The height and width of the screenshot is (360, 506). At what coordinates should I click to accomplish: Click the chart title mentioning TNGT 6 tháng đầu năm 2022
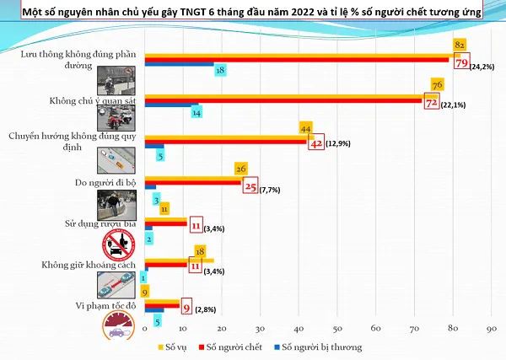point(253,12)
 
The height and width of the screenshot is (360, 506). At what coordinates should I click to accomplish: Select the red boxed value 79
point(462,62)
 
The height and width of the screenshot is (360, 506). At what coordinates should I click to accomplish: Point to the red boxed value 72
point(430,103)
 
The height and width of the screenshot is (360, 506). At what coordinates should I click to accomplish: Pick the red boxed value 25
point(250,186)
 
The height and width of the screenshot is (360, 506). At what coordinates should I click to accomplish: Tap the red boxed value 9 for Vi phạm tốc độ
point(187,307)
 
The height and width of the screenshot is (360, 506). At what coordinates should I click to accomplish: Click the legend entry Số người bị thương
point(320,347)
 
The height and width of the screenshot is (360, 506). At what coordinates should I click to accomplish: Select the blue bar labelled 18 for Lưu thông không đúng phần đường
point(179,64)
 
